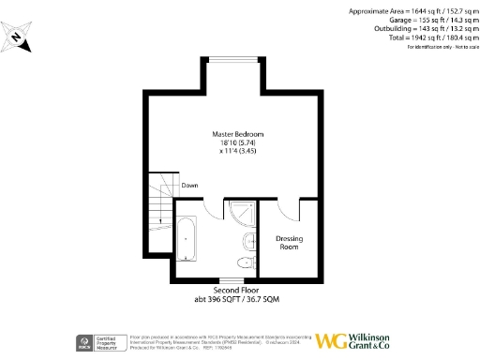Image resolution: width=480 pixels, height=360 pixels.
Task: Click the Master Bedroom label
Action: [234, 135]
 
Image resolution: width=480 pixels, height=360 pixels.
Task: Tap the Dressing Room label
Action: [289, 242]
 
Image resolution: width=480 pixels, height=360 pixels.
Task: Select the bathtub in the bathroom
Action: [186, 239]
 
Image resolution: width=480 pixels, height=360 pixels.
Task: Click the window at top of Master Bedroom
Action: [233, 59]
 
